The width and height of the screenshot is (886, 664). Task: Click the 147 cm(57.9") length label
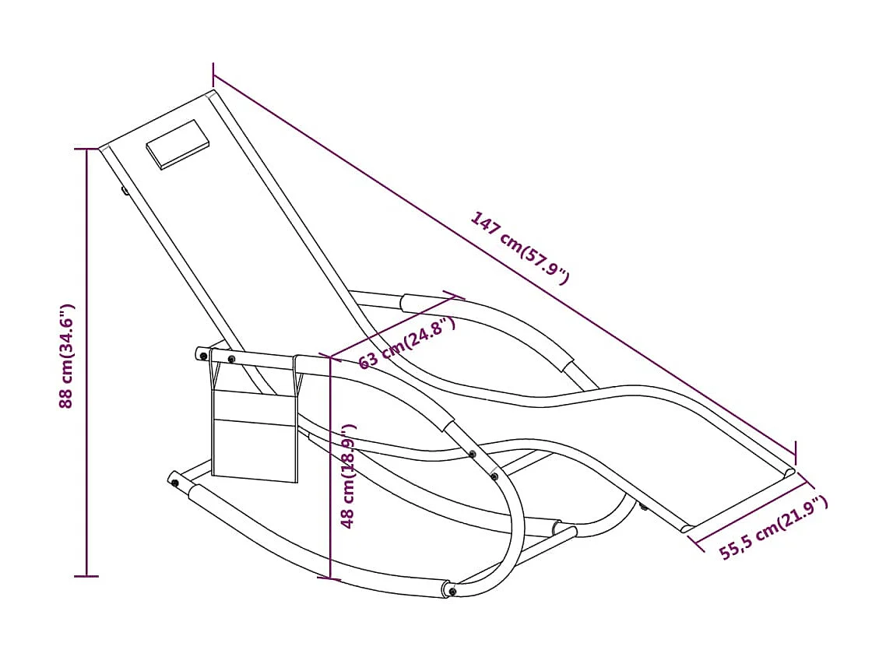[x=520, y=247]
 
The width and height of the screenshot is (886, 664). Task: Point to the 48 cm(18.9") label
[x=350, y=475]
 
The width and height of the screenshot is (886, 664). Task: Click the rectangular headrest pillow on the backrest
[x=179, y=144]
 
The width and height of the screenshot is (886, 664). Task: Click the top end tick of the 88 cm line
[x=86, y=148]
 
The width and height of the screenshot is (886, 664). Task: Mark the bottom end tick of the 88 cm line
[x=86, y=576]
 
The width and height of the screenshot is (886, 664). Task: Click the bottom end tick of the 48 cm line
[x=331, y=578]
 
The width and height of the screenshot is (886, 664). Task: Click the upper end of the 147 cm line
[x=213, y=75]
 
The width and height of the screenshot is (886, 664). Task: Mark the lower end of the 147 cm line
[x=796, y=451]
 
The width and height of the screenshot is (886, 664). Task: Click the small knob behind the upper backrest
[x=124, y=189]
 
